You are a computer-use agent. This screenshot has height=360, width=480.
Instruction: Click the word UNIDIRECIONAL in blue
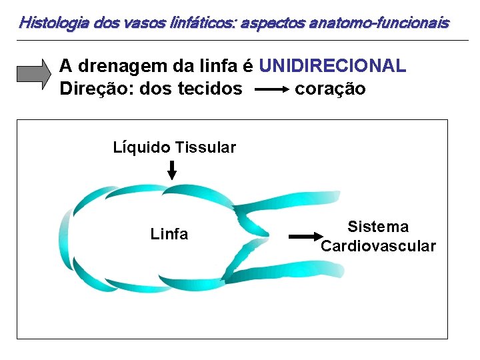coord(333,66)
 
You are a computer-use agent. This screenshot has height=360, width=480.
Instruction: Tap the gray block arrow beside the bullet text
coord(33,74)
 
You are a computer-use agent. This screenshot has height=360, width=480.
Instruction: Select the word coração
coord(330,89)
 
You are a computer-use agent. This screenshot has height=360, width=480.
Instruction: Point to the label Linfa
coord(169,234)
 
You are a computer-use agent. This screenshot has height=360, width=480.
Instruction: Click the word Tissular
coord(205,147)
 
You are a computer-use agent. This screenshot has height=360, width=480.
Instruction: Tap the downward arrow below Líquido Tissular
coord(172,171)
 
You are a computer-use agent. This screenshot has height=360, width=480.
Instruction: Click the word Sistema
coord(378,227)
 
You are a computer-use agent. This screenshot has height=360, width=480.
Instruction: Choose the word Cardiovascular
coord(378,246)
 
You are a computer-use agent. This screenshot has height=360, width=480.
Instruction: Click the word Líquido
coord(141,147)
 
